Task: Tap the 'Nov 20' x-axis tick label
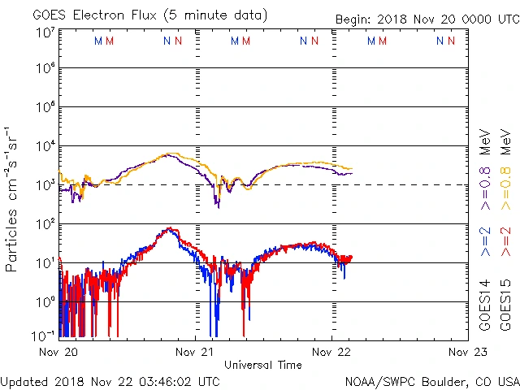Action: (x=59, y=352)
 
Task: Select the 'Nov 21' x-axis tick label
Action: (x=196, y=352)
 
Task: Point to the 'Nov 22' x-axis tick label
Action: (x=331, y=352)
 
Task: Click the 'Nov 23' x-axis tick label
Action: (x=468, y=352)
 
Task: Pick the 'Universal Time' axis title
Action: (x=263, y=365)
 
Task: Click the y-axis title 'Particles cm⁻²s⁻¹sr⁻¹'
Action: (x=13, y=199)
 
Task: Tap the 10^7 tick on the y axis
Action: (x=45, y=32)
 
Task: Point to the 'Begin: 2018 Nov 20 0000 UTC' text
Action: (x=427, y=19)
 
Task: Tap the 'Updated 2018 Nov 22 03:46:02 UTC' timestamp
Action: (x=110, y=381)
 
